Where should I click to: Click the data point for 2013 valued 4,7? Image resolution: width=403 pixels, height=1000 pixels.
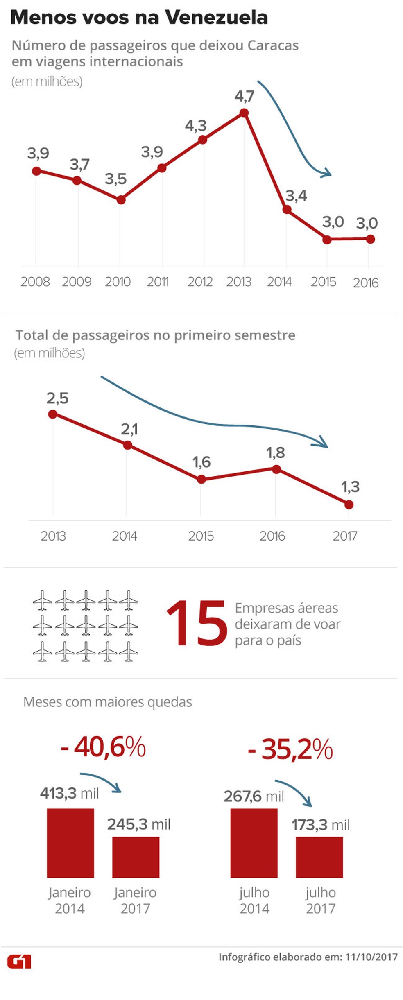point(244,113)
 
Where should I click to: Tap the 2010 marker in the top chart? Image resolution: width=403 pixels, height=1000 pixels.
point(121,200)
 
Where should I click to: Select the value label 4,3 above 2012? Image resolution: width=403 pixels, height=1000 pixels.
point(195,126)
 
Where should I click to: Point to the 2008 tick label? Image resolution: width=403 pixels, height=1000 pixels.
point(35,282)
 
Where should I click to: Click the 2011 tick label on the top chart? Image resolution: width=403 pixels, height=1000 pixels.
point(158,282)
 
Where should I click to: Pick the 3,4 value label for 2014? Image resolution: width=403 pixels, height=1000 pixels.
point(296,196)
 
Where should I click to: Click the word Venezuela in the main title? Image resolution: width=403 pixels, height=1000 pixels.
point(216,18)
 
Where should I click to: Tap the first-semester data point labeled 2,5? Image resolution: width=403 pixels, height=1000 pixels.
point(52,414)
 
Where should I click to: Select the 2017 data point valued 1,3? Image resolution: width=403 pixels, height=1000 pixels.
point(349,505)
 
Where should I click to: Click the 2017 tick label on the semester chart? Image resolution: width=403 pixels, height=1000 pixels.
point(345,536)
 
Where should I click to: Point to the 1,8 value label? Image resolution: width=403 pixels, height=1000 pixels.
point(275,453)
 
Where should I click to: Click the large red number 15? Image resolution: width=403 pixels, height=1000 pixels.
point(197,624)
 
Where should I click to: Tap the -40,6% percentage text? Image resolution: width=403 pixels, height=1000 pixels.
point(103,747)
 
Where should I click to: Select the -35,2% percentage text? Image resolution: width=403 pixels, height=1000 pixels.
point(291,750)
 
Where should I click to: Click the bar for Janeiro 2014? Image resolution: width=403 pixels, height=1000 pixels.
point(70,843)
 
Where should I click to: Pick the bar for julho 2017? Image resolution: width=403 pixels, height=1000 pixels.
point(319,857)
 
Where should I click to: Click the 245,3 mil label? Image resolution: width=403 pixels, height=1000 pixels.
point(139,824)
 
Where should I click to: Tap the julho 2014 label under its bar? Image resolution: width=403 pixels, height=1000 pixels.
point(254,900)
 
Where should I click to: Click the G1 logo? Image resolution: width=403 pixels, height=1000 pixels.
point(19,962)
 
